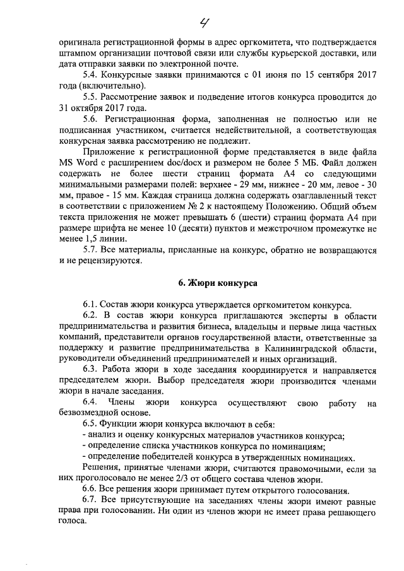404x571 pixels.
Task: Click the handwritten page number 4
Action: [205, 23]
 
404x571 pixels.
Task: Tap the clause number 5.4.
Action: [91, 74]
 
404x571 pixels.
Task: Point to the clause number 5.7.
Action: [91, 249]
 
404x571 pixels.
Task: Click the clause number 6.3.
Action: [91, 371]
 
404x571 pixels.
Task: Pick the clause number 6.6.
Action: [91, 490]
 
